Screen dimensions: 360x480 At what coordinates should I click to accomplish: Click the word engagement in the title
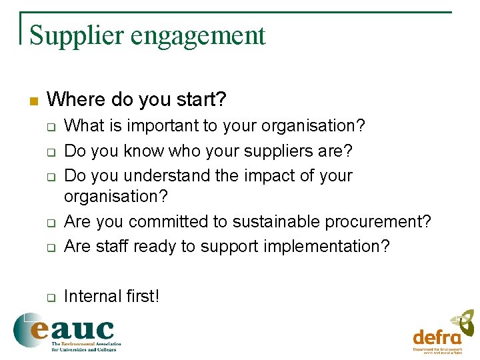(193, 37)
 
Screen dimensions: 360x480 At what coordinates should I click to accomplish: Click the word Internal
(91, 296)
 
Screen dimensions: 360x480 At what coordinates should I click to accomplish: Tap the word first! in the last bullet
(141, 296)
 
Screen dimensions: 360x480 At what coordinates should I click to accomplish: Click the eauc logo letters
(73, 329)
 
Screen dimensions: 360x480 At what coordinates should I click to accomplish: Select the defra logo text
(437, 337)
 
